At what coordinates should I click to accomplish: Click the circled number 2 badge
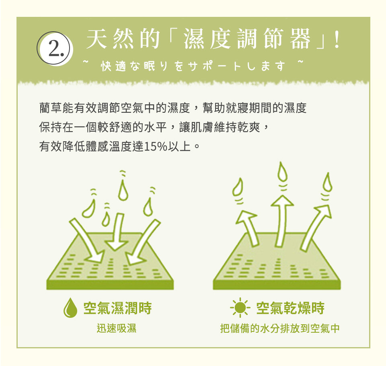pyautogui.click(x=55, y=48)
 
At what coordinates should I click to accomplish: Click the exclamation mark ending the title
pyautogui.click(x=337, y=39)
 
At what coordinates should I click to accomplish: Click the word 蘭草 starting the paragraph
pyautogui.click(x=51, y=108)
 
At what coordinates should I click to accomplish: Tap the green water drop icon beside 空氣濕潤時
pyautogui.click(x=70, y=308)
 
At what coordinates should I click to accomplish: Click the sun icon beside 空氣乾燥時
pyautogui.click(x=240, y=307)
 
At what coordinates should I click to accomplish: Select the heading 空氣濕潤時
pyautogui.click(x=118, y=308)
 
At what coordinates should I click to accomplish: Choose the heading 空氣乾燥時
pyautogui.click(x=290, y=308)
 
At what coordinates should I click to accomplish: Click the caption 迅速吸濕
pyautogui.click(x=117, y=328)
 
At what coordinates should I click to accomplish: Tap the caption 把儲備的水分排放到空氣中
pyautogui.click(x=280, y=328)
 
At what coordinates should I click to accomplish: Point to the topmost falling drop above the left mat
pyautogui.click(x=123, y=190)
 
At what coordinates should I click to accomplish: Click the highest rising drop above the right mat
pyautogui.click(x=282, y=171)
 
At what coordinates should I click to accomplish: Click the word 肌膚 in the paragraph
pyautogui.click(x=197, y=127)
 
